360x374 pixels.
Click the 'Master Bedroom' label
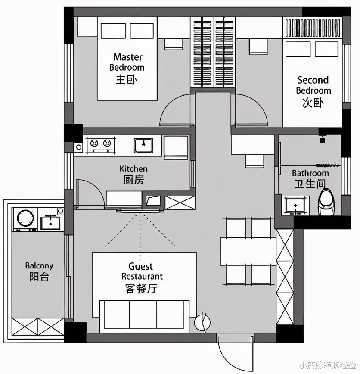coord(127,62)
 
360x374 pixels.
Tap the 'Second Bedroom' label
coord(313,85)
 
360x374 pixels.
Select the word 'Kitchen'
coord(133,169)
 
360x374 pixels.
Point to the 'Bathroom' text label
coord(310,173)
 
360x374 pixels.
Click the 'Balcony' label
coord(39,265)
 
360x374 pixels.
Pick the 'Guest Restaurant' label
coord(142,271)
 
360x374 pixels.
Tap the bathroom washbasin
coord(295,205)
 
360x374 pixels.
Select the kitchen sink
coord(143,145)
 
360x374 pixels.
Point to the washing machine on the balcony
coord(25,219)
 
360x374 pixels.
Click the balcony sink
coord(50,222)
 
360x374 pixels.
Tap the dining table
coord(248,251)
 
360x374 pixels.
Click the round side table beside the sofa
coord(202,322)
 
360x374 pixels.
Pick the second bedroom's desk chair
coord(258,47)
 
